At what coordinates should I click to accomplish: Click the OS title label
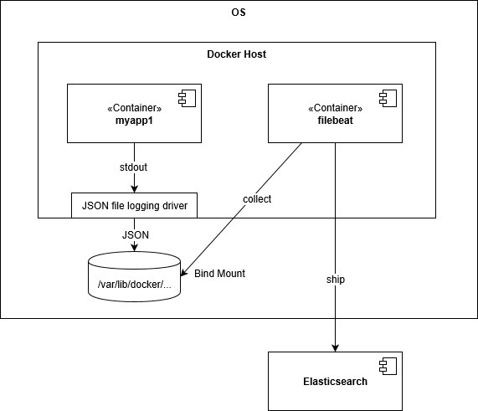click(239, 13)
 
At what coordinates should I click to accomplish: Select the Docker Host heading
click(237, 54)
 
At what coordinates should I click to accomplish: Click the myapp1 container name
click(134, 121)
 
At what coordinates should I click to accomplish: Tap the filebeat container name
click(336, 121)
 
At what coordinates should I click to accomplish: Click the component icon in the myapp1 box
click(187, 98)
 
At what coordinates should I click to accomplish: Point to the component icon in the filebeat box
click(388, 98)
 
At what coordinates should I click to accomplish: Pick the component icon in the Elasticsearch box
click(388, 366)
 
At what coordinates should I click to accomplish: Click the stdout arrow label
click(134, 167)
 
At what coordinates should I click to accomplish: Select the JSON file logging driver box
click(134, 205)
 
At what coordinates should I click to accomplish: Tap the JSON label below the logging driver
click(136, 235)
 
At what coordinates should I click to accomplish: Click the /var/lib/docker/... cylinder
click(134, 276)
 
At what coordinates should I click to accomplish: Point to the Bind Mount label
click(220, 274)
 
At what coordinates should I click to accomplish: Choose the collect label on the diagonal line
click(257, 199)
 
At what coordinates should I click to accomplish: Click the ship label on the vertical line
click(336, 280)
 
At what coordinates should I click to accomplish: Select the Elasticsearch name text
click(336, 382)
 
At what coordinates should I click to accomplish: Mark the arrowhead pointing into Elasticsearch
click(336, 348)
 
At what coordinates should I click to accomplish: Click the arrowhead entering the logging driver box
click(134, 189)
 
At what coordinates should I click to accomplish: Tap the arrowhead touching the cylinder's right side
click(184, 272)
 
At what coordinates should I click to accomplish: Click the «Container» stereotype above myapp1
click(135, 108)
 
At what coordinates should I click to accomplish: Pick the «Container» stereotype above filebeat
click(336, 108)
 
